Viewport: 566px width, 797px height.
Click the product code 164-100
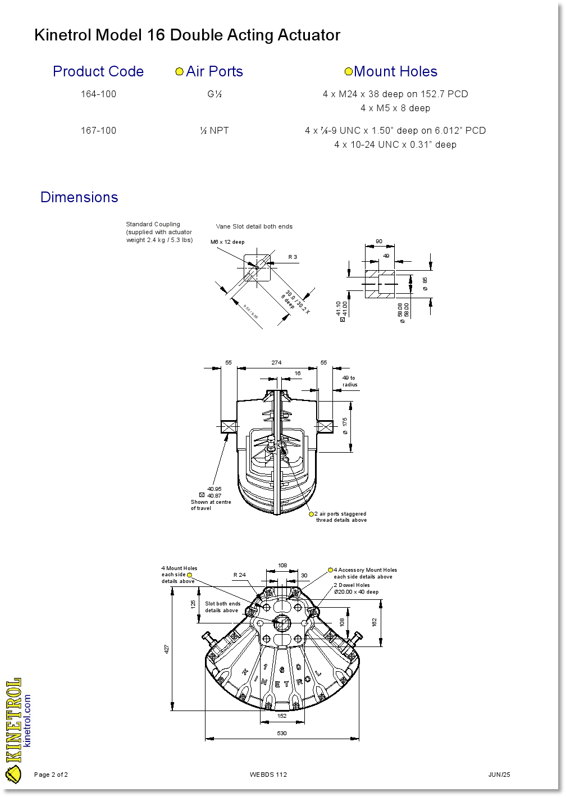[98, 94]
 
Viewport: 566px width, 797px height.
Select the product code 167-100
[98, 130]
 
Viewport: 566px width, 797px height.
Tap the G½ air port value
[214, 94]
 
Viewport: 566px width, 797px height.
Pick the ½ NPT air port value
[214, 130]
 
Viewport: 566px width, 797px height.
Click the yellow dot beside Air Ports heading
[180, 72]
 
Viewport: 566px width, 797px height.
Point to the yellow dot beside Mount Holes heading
[348, 72]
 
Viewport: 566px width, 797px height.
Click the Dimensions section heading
[79, 197]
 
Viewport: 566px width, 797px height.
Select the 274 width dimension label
[276, 363]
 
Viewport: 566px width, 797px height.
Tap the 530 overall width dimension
[282, 733]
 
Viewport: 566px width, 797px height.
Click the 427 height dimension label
[167, 649]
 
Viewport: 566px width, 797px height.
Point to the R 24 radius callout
[240, 575]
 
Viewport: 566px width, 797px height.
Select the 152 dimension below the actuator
[282, 716]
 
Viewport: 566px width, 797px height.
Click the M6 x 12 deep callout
[227, 242]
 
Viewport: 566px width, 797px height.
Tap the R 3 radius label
[293, 257]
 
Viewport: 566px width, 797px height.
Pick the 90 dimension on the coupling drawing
[379, 242]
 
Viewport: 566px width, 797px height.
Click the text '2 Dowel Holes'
[352, 585]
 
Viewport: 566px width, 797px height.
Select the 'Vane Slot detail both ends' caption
[254, 226]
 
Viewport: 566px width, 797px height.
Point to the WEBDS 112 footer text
[268, 775]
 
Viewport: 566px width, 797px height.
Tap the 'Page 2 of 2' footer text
[51, 775]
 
